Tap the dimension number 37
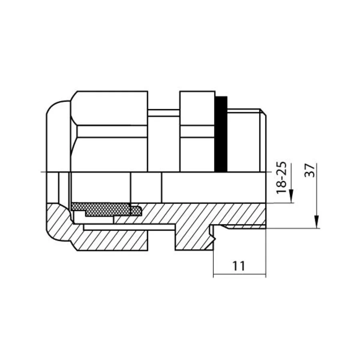click(x=310, y=170)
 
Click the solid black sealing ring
click(x=221, y=134)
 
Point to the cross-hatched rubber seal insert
click(x=106, y=209)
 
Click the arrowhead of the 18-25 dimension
click(x=291, y=196)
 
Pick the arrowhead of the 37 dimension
click(x=317, y=222)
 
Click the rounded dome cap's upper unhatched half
click(x=58, y=136)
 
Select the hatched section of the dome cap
click(x=58, y=222)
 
